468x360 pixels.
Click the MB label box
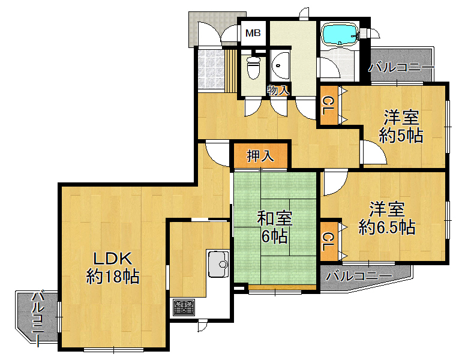click(x=253, y=33)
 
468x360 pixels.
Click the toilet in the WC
click(x=254, y=67)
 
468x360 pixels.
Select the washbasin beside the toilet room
click(x=280, y=65)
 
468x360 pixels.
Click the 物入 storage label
click(x=278, y=90)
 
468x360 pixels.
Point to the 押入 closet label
click(x=260, y=156)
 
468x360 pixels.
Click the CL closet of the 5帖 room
click(x=329, y=106)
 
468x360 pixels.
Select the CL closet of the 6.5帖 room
click(x=329, y=242)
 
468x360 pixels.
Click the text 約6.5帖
click(x=387, y=227)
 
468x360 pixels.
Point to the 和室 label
click(x=275, y=218)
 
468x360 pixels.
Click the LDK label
click(x=113, y=259)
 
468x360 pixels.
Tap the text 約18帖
click(x=113, y=277)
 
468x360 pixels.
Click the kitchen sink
click(x=218, y=264)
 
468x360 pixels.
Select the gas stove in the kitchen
click(x=184, y=308)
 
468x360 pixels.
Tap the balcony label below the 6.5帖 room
click(x=359, y=277)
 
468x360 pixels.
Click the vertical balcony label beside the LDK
click(x=38, y=319)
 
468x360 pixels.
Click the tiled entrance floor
click(x=211, y=69)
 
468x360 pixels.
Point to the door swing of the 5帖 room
click(x=374, y=152)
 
